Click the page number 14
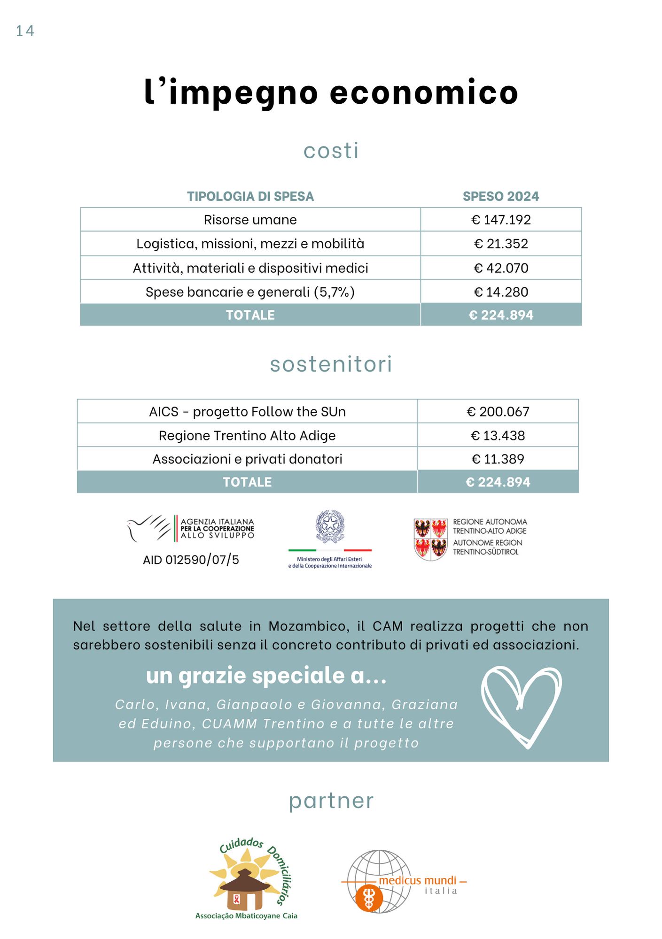point(25,31)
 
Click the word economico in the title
point(424,92)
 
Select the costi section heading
point(331,151)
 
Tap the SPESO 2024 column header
point(501,196)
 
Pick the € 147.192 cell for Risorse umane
point(501,220)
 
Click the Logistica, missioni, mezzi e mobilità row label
point(250,244)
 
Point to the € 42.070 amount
point(501,268)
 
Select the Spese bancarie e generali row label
point(250,292)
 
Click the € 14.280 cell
point(501,292)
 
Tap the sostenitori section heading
point(331,364)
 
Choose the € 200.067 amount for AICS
point(498,412)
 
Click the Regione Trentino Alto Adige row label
point(247,436)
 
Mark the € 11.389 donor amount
point(498,459)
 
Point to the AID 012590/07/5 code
point(191,560)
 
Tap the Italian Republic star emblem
point(330,526)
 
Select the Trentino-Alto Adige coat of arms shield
point(430,539)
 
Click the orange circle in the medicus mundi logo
point(369,898)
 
